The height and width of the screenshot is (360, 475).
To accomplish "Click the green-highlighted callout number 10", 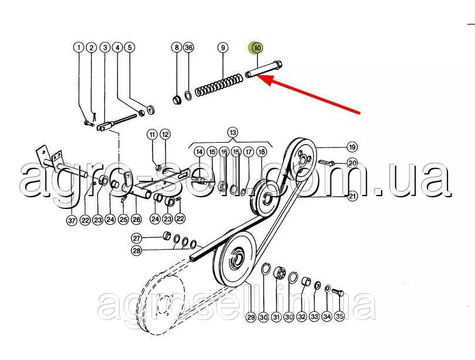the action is click(258, 48).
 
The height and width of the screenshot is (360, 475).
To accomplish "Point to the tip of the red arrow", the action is click(257, 76).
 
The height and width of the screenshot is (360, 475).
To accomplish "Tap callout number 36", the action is click(188, 47).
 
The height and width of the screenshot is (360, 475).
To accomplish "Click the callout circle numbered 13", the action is click(233, 133).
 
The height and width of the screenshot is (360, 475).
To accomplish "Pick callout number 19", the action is click(352, 147).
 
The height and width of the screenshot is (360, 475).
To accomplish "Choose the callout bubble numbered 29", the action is click(251, 317).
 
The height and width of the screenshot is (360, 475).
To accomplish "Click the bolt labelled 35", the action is click(338, 292).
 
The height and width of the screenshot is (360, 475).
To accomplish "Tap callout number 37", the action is click(72, 220).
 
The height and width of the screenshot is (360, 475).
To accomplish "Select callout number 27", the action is click(137, 238).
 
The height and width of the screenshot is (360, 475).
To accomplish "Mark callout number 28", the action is click(137, 251).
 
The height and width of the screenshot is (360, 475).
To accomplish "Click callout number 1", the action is click(79, 47).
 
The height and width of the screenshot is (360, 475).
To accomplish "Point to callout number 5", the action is click(130, 47).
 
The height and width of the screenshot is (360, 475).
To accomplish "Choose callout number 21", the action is click(352, 196).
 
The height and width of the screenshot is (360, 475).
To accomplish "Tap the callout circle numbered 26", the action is click(136, 219).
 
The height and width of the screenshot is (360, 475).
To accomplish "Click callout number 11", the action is click(152, 134).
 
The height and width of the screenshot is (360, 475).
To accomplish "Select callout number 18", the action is click(261, 152).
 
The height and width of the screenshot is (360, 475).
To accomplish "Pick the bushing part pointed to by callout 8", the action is click(177, 99).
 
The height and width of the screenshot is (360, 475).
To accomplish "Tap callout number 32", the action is click(301, 317).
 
